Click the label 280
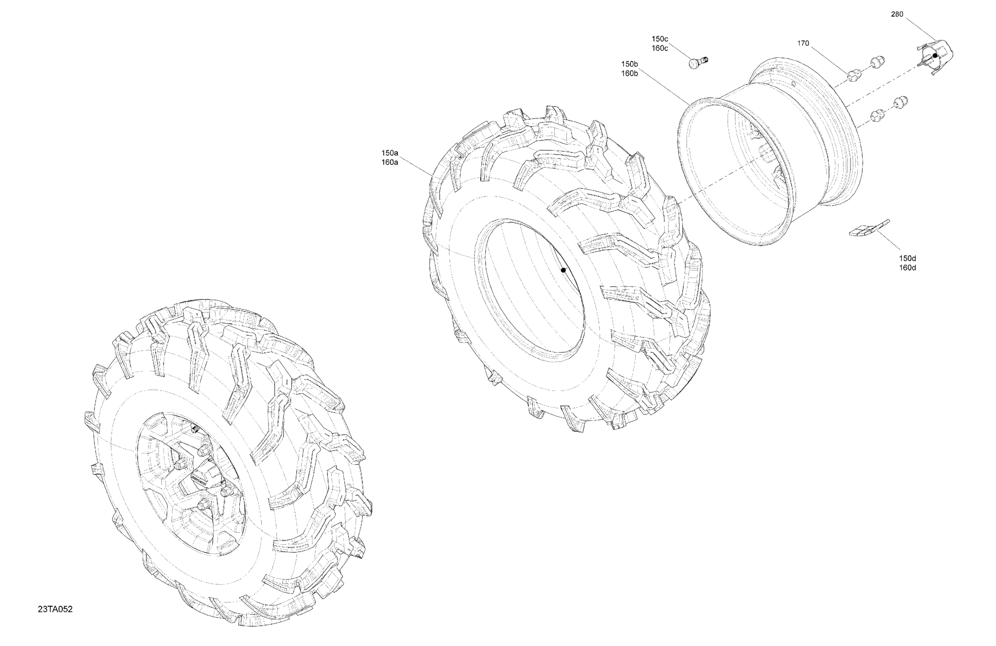[897, 14]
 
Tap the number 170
[803, 43]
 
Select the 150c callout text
[660, 39]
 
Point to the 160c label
[660, 48]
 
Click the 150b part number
[629, 64]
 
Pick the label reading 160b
[629, 74]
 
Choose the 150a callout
[390, 153]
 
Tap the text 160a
[390, 162]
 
